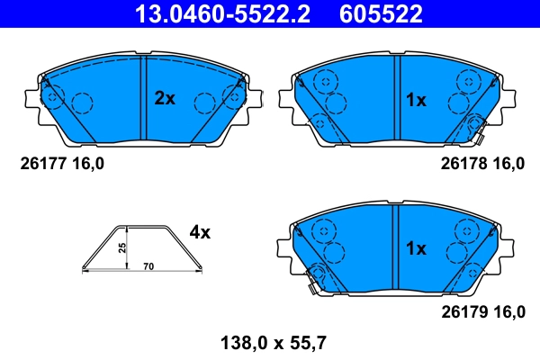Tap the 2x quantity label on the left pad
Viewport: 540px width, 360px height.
pyautogui.click(x=164, y=99)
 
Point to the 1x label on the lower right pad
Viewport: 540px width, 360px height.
pyautogui.click(x=415, y=247)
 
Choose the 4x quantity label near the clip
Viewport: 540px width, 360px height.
pyautogui.click(x=199, y=232)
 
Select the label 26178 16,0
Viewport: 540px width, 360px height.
pyautogui.click(x=481, y=163)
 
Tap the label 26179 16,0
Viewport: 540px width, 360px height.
pyautogui.click(x=481, y=311)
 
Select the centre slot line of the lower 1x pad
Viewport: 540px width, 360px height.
pyautogui.click(x=395, y=246)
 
